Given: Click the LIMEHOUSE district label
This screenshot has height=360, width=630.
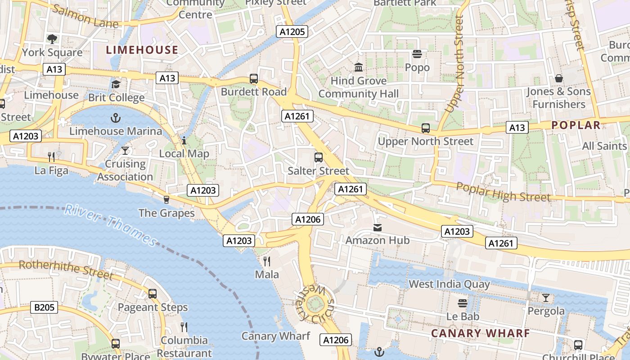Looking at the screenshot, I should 142,50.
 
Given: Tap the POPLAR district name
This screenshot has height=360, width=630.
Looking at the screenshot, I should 576,125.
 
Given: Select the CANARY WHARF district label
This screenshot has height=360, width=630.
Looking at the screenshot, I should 480,333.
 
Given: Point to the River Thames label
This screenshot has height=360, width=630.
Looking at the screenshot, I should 110,225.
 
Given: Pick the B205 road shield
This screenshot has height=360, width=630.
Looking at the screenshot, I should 45,308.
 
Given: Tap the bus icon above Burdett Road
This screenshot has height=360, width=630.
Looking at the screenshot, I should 254,79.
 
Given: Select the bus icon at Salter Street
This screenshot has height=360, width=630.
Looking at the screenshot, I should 319,157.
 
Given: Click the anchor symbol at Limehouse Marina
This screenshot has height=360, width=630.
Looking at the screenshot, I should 116,118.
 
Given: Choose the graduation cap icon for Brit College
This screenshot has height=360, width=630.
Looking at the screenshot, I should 116,85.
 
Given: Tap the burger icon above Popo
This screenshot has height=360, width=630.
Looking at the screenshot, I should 417,54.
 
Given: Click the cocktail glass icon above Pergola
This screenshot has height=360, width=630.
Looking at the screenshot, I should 546,298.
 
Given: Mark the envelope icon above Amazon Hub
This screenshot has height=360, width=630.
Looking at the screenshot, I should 378,228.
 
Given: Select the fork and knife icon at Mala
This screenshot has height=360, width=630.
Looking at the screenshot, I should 267,261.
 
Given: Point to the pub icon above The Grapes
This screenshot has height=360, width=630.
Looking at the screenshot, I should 166,200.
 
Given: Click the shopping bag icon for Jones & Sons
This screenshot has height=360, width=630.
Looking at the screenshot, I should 558,78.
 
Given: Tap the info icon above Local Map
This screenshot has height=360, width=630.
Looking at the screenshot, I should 184,141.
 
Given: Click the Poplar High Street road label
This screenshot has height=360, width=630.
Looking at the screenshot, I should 503,191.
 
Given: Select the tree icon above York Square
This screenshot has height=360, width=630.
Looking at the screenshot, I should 52,39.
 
